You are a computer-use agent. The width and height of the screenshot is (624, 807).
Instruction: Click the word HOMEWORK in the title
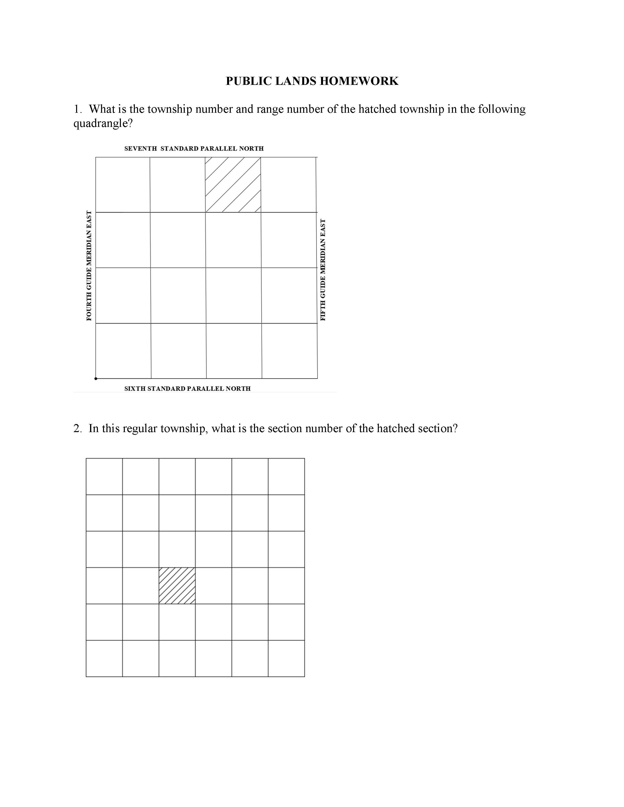click(359, 81)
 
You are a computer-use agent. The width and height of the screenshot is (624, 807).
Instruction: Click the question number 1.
click(77, 109)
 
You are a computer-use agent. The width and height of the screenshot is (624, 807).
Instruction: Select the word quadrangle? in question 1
click(103, 124)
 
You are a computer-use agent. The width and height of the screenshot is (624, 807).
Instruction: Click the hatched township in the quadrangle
click(233, 185)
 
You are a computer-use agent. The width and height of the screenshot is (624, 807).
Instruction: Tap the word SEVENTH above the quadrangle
click(140, 148)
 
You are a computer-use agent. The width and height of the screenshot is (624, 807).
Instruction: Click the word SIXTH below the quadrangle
click(135, 389)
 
